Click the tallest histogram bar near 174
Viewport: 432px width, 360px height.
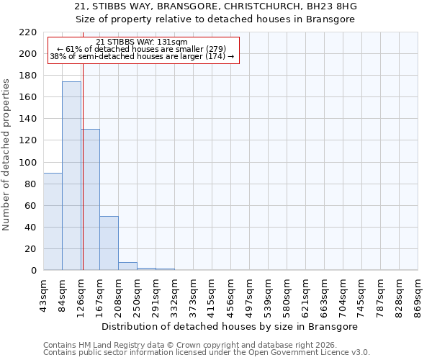pyautogui.click(x=71, y=176)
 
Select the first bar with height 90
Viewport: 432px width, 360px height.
pyautogui.click(x=53, y=221)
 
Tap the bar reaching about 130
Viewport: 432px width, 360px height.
pyautogui.click(x=91, y=199)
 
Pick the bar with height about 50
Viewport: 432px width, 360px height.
pyautogui.click(x=109, y=243)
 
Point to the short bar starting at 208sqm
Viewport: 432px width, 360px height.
pyautogui.click(x=127, y=266)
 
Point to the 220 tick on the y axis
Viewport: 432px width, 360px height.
pyautogui.click(x=28, y=32)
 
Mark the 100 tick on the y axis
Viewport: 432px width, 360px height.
pyautogui.click(x=28, y=163)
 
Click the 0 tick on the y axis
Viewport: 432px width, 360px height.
pyautogui.click(x=33, y=271)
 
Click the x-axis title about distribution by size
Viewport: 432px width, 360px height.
pyautogui.click(x=230, y=326)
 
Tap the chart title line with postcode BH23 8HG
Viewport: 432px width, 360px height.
pyautogui.click(x=215, y=6)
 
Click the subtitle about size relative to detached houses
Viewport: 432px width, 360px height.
pyautogui.click(x=215, y=19)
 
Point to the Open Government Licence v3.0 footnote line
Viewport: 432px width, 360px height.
pyautogui.click(x=207, y=353)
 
